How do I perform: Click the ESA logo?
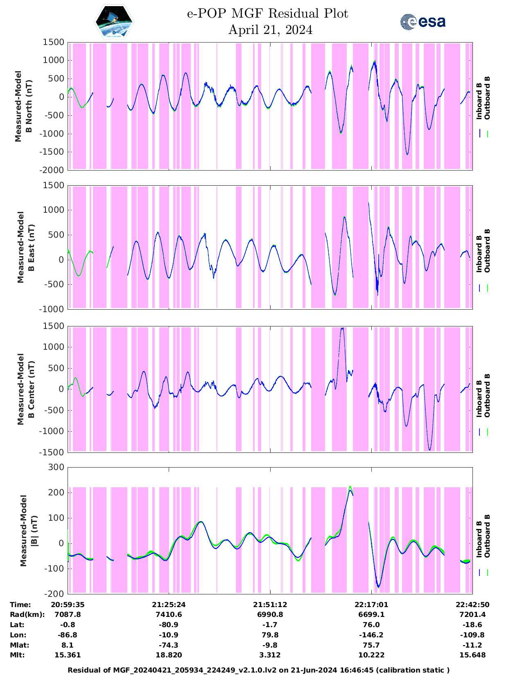click(x=423, y=22)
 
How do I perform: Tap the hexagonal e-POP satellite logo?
click(x=114, y=22)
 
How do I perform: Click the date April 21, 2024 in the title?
click(x=270, y=30)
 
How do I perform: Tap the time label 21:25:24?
click(x=169, y=605)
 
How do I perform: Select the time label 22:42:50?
click(x=472, y=605)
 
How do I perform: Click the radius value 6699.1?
click(x=371, y=614)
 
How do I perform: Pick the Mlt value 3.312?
click(x=270, y=655)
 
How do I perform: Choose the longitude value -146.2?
click(x=371, y=635)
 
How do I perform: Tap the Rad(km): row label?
click(x=27, y=614)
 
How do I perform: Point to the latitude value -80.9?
click(x=169, y=625)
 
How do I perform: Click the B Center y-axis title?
click(x=25, y=389)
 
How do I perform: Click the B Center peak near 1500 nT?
click(x=342, y=328)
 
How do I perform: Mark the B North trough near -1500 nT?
click(x=407, y=154)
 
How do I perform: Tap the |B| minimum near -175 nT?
click(x=378, y=587)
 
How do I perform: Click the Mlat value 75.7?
click(x=371, y=645)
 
